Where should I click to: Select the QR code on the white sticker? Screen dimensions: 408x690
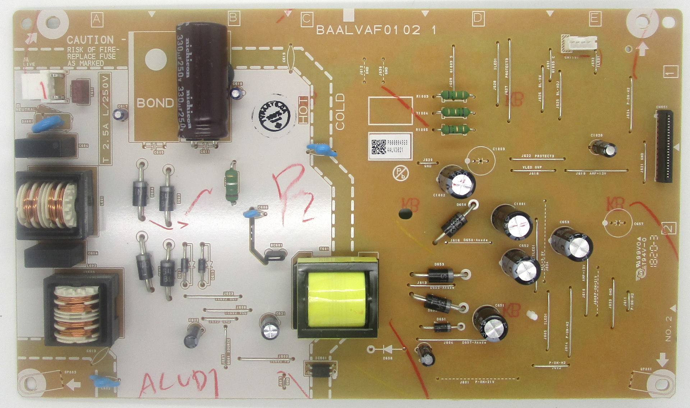pos(378,147)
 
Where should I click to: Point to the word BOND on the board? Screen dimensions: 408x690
pos(155,103)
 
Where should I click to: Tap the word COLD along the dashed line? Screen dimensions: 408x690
pos(340,111)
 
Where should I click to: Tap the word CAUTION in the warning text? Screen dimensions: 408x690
pos(90,40)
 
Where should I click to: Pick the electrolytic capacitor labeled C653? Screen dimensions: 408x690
pos(571,244)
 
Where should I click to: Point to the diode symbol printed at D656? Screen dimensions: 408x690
pos(387,349)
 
